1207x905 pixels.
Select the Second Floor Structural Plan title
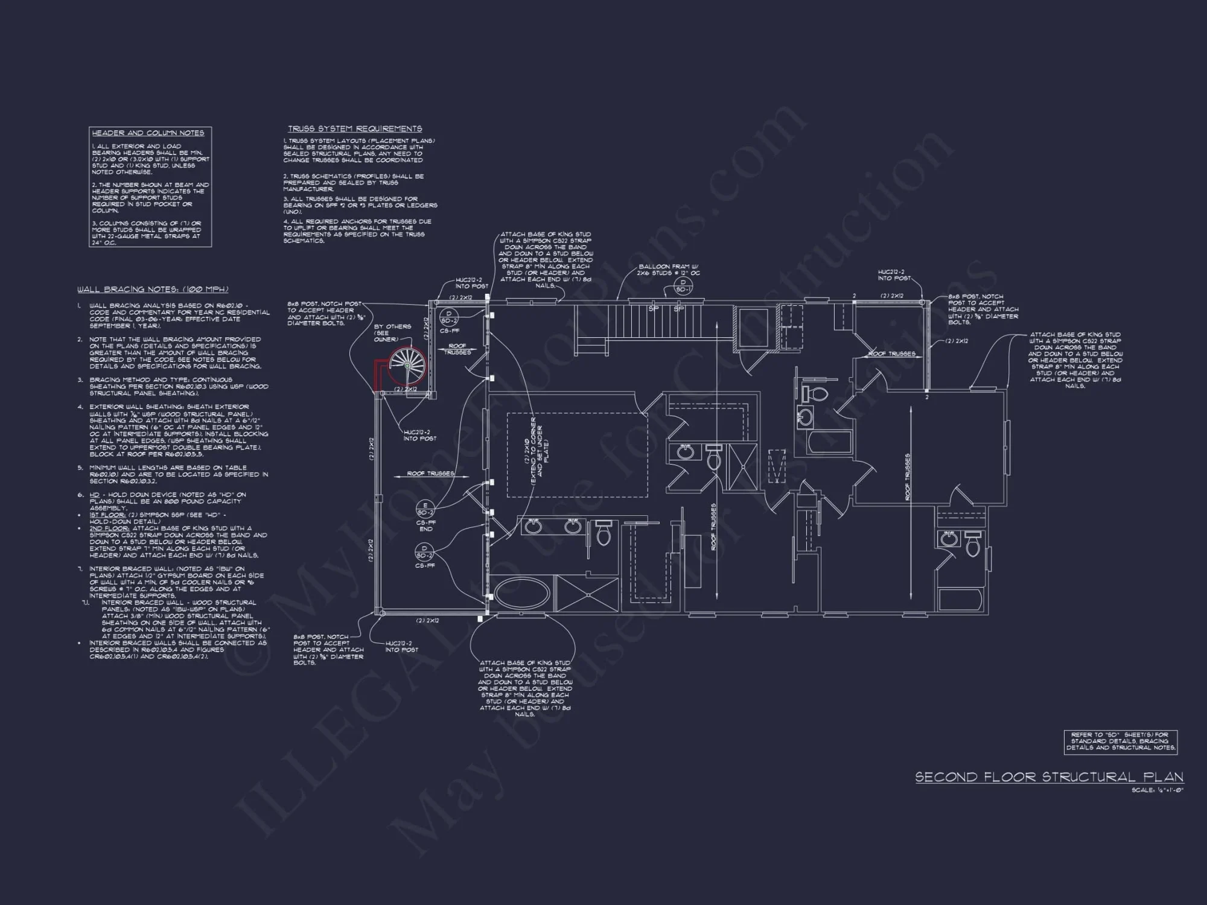point(1049,777)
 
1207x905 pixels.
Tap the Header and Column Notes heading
point(148,133)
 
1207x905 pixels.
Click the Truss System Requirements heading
point(355,129)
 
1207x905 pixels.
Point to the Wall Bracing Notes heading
point(152,290)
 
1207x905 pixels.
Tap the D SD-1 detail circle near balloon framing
point(683,285)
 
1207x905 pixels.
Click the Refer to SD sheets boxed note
point(1120,741)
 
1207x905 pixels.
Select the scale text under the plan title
point(1158,790)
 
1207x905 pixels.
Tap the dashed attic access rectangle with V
point(777,466)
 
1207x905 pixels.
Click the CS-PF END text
point(425,526)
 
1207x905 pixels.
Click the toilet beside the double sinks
point(603,533)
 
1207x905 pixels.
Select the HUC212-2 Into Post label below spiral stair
point(417,435)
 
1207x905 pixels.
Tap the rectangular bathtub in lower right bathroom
point(961,599)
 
